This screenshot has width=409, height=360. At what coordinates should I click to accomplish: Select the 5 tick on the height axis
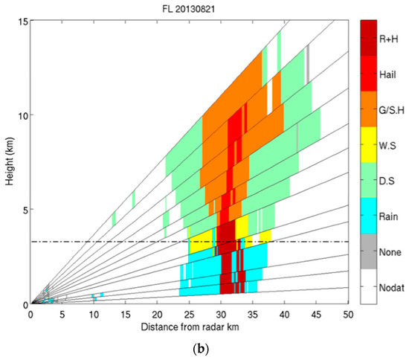23,210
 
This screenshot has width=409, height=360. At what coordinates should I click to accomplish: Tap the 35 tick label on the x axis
253,315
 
